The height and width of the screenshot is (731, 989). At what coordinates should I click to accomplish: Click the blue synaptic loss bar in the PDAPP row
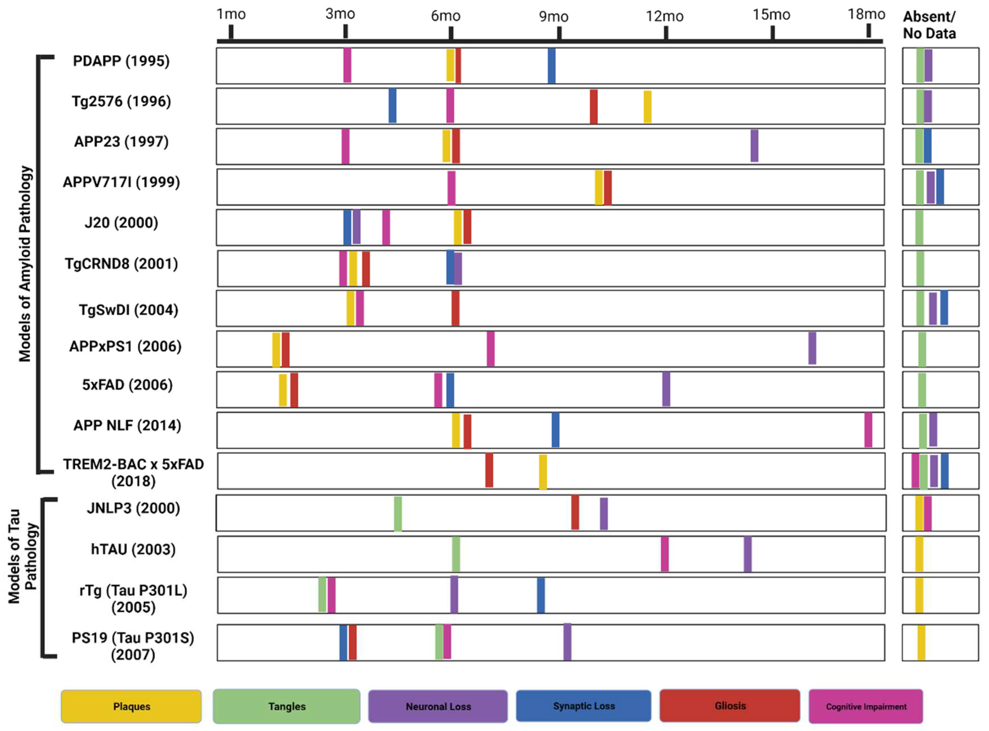coord(551,65)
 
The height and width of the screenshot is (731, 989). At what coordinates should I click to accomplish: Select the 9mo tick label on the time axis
coord(554,17)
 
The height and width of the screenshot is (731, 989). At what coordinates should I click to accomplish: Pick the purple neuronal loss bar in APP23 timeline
coord(754,145)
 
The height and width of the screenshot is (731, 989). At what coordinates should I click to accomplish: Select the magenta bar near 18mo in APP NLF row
coord(868,430)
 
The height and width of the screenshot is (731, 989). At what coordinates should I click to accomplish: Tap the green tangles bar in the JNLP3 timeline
coord(398,514)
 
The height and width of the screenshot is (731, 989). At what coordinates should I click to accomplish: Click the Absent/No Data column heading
coord(929,25)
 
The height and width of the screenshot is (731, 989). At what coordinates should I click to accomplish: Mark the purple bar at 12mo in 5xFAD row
coord(666,389)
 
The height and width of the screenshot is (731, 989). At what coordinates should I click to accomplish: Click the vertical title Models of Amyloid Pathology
coord(25,264)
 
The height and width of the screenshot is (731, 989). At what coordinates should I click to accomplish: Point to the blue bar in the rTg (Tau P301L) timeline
coord(541,595)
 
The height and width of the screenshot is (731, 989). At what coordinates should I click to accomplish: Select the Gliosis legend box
coord(730,706)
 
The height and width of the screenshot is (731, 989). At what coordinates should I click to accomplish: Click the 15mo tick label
coord(771,15)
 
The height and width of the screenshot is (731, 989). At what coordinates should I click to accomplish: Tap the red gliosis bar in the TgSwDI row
coord(455,308)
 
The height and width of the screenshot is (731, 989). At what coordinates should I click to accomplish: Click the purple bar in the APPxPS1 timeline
coord(812,348)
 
